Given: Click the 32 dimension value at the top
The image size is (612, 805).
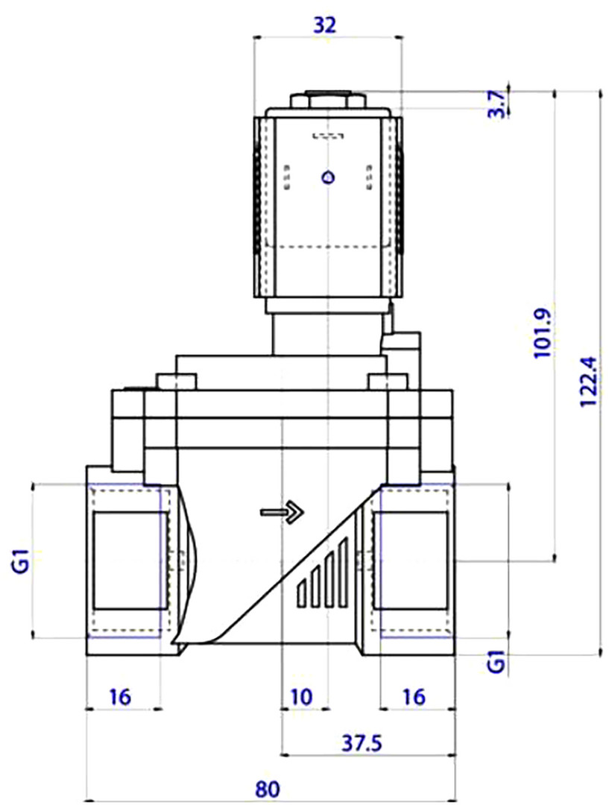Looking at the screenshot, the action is click(325, 24).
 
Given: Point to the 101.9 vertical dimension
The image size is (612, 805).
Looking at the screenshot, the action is click(543, 334).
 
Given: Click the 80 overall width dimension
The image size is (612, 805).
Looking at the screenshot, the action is click(268, 789).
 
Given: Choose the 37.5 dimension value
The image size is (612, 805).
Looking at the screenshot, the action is click(362, 742).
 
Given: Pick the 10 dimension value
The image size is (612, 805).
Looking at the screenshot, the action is click(301, 697).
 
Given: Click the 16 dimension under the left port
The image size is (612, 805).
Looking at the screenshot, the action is click(121, 697).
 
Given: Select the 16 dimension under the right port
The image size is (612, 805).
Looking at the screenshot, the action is click(414, 697).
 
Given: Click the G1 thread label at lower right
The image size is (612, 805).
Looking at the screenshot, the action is click(496, 662).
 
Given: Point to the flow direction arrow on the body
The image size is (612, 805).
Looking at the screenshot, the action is click(283, 512).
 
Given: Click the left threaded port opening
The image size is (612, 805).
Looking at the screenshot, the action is click(130, 560).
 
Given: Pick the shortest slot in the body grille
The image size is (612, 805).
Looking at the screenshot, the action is click(302, 594).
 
